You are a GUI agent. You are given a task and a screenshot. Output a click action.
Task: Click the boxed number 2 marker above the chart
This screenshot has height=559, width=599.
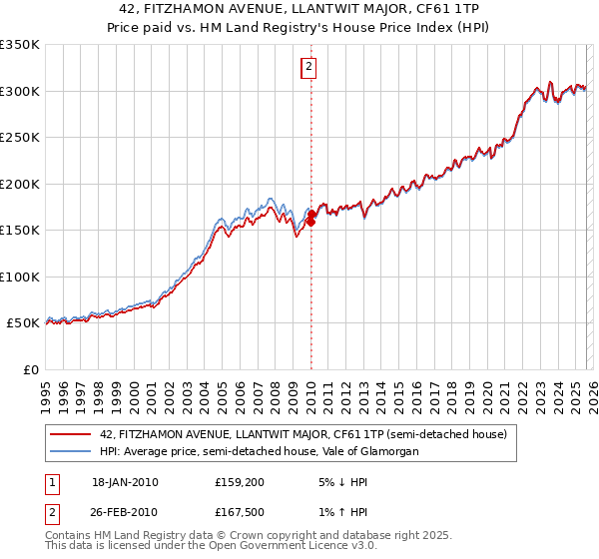pos(309,67)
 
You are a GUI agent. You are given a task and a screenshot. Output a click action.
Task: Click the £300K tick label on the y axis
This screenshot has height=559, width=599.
pos(20,91)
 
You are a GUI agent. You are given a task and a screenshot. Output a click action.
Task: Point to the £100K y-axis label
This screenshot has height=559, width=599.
pos(20,277)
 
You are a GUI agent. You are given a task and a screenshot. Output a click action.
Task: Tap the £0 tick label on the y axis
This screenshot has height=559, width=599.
pos(32,369)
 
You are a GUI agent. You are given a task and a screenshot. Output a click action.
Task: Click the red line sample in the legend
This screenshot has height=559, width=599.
pos(72,434)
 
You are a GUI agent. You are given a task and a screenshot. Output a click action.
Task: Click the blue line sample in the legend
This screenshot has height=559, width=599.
pos(72,451)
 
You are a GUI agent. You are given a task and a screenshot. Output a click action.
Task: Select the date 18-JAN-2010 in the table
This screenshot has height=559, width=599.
pos(125,482)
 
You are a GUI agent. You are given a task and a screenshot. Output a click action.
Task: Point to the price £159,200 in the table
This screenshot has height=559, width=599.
pos(238,482)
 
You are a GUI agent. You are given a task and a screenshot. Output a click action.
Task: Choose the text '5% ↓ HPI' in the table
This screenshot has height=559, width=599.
pos(336,482)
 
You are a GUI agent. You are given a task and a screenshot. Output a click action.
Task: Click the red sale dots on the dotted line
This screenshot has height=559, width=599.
pos(310,218)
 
